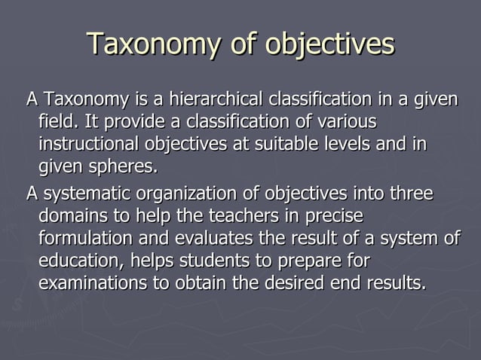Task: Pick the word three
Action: (x=412, y=194)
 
